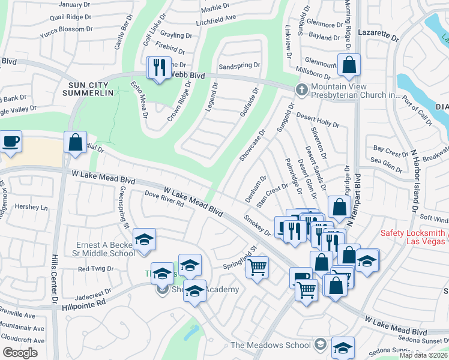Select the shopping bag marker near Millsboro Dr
[x=349, y=65]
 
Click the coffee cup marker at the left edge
[x=11, y=143]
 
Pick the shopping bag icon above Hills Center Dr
[x=76, y=143]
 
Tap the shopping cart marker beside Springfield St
[x=257, y=267]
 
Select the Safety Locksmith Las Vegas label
[x=413, y=237]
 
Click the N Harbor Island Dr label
[x=414, y=174]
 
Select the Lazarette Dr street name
[x=378, y=37]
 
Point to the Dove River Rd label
[x=164, y=198]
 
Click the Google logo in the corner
[x=20, y=353]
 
